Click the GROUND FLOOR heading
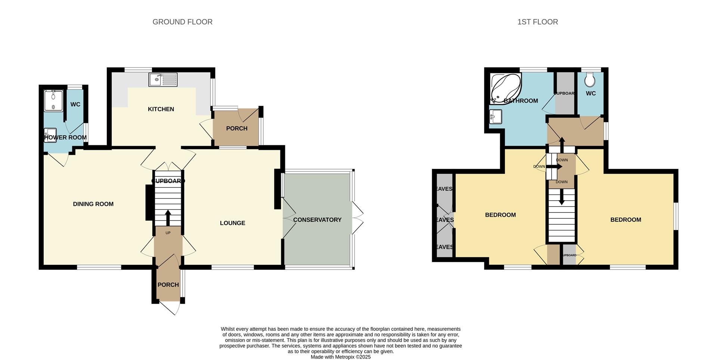[x=182, y=22]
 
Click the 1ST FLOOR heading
[x=537, y=22]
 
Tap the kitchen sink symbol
[x=163, y=80]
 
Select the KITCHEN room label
[x=161, y=109]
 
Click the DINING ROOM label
[x=93, y=204]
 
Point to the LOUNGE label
[x=232, y=223]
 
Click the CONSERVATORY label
[x=317, y=220]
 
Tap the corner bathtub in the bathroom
[x=505, y=88]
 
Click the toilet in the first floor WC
[x=590, y=80]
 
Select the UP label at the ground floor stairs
[x=168, y=233]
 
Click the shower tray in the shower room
[x=54, y=100]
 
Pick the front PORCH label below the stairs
[x=168, y=285]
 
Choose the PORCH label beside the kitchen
[x=236, y=128]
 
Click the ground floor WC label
[x=75, y=104]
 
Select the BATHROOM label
[x=521, y=101]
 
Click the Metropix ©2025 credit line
[x=341, y=357]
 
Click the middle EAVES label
[x=444, y=220]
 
